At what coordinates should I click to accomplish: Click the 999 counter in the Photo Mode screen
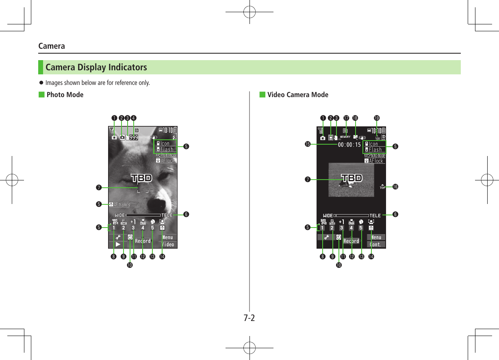click(134, 138)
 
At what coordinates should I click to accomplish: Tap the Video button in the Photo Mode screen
click(168, 245)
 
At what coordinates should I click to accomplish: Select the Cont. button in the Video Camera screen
click(376, 245)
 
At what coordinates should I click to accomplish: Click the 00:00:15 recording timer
click(349, 145)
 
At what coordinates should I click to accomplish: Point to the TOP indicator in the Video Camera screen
click(382, 187)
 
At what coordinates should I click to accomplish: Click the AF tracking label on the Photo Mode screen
click(119, 204)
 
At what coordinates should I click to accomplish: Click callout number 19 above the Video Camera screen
click(377, 118)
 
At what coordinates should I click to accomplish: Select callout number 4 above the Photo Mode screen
click(134, 118)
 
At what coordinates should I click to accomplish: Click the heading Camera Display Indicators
click(96, 67)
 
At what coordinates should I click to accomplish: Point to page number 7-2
click(249, 318)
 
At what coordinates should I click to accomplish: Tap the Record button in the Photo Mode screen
click(143, 241)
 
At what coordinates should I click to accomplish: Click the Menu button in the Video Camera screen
click(376, 237)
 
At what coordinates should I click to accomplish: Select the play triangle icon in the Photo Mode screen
click(118, 245)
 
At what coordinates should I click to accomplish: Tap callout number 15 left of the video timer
click(308, 144)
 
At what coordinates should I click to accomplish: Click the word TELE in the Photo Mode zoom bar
click(167, 215)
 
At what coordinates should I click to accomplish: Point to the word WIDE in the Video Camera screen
click(328, 215)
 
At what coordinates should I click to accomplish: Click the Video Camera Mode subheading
click(297, 95)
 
